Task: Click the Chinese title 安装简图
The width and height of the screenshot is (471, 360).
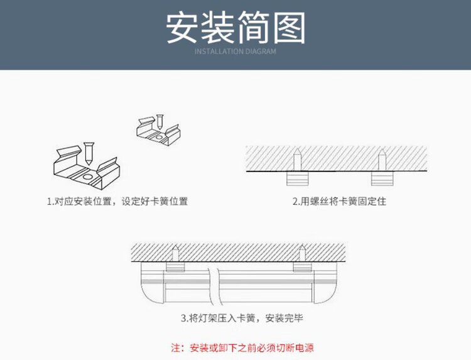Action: point(235,28)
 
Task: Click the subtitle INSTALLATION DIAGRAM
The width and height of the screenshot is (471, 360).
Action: point(235,52)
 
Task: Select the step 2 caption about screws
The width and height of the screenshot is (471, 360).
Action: point(339,202)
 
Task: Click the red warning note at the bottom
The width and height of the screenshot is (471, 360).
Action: point(242,347)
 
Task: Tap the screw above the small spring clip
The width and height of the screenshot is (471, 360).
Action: point(160,121)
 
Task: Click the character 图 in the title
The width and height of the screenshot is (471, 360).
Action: point(288,28)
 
